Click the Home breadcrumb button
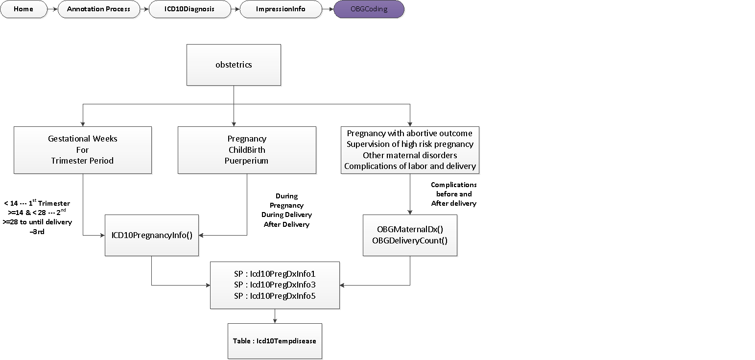point(24,9)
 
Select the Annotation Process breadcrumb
point(98,9)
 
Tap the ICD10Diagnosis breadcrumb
point(189,9)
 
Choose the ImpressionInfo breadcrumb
point(281,9)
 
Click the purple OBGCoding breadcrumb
point(369,9)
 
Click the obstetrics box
point(234,65)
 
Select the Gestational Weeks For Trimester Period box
point(83,150)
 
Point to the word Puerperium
point(247,161)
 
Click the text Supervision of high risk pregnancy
point(410,144)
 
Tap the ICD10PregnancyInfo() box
point(152,235)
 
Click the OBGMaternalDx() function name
point(410,229)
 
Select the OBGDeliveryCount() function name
point(410,240)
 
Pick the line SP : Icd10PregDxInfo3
point(275,285)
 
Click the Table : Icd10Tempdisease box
point(275,340)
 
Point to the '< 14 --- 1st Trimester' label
point(37,203)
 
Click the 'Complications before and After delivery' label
point(453,194)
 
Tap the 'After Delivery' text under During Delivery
point(286,224)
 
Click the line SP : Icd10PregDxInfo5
point(275,295)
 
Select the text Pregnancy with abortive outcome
point(410,133)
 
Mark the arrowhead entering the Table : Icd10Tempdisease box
point(275,321)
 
